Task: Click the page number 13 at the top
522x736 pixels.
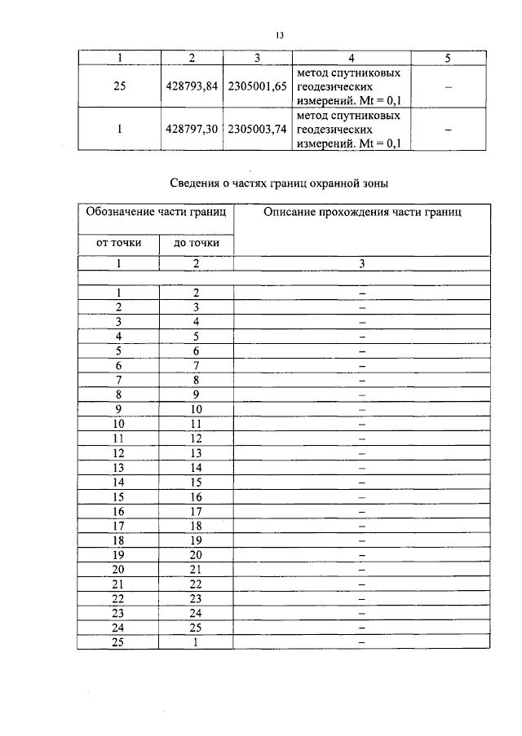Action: [x=279, y=36]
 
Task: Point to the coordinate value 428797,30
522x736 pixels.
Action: [x=193, y=130]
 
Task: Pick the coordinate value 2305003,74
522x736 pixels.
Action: [x=257, y=130]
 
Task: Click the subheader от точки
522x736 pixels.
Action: [x=119, y=243]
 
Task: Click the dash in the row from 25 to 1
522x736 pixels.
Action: [x=361, y=642]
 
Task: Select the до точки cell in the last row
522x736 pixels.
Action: [x=196, y=642]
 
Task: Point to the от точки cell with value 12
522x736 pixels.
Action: [x=119, y=453]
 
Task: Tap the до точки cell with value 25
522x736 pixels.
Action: [x=196, y=628]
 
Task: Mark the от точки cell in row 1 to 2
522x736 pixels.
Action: [x=119, y=293]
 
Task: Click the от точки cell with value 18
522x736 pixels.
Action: [x=119, y=540]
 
